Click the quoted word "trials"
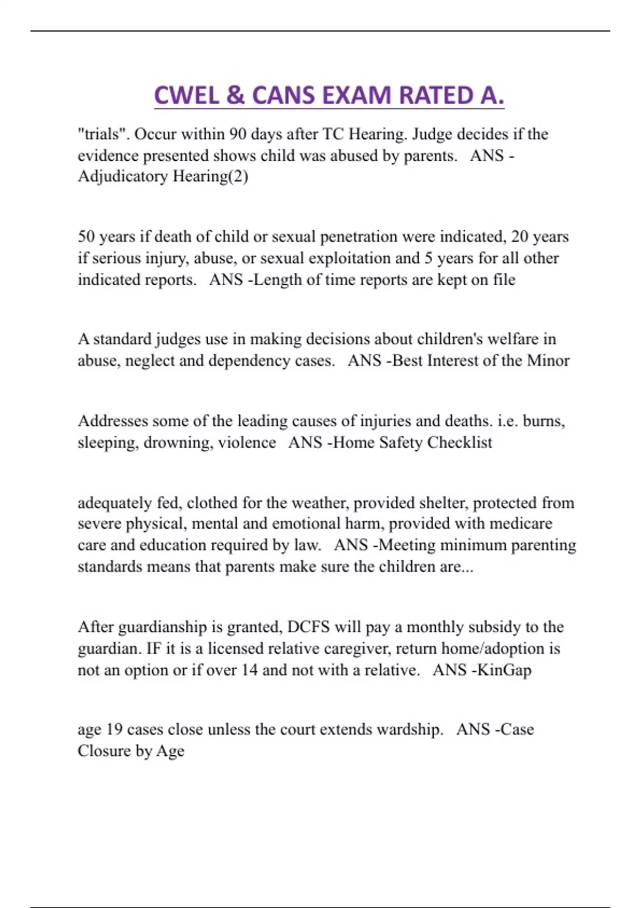click(x=104, y=134)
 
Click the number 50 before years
click(x=87, y=237)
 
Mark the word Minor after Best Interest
click(x=548, y=361)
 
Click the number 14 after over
click(x=249, y=670)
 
